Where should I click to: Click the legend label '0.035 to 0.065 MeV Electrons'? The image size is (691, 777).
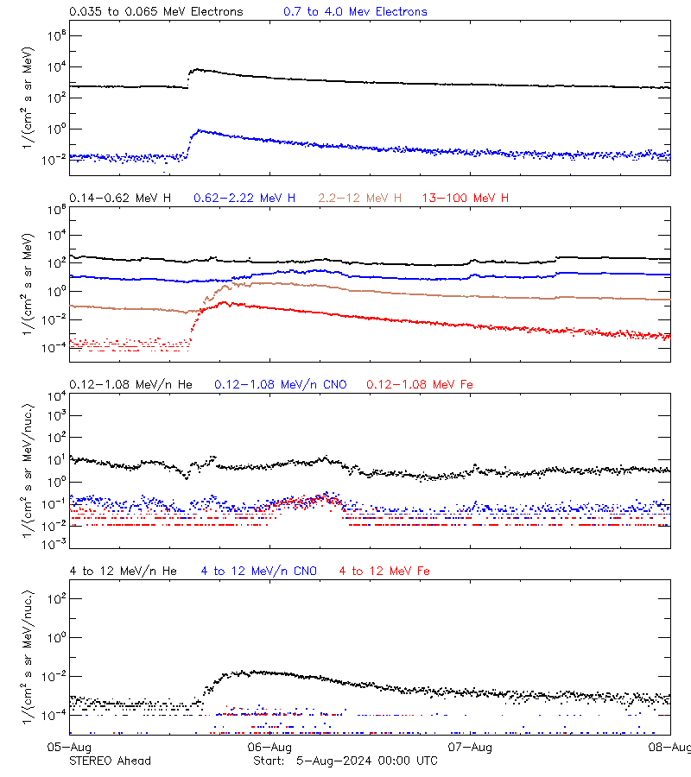155,12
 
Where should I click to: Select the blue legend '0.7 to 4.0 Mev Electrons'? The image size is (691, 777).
355,12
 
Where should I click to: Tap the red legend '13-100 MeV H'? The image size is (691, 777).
466,199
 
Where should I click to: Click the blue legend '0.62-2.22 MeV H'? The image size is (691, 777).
244,199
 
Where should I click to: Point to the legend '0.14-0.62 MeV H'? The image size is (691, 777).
120,199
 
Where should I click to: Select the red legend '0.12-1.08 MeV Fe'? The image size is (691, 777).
420,384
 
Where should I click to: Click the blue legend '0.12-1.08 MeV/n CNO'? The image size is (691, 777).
281,384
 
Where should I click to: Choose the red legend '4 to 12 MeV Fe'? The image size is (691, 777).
384,571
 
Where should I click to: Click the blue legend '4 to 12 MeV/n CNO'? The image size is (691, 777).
258,571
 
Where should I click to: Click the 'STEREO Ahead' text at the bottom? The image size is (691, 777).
110,761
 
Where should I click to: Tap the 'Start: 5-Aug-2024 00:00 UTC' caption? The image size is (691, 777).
345,761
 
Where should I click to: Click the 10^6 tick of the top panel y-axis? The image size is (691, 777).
54,35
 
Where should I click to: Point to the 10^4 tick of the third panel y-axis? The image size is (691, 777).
54,395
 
